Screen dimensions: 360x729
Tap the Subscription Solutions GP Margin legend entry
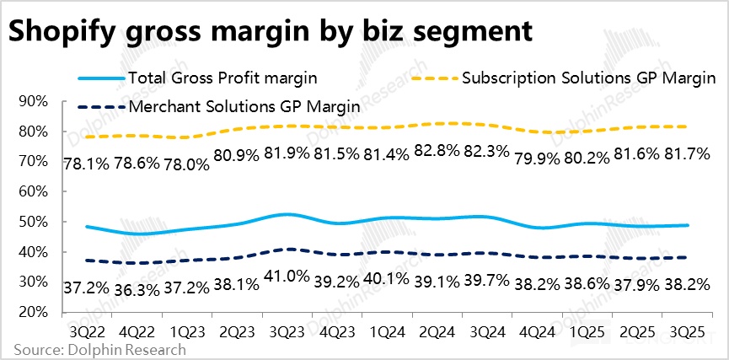pyautogui.click(x=588, y=78)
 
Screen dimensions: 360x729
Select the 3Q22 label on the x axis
pyautogui.click(x=87, y=330)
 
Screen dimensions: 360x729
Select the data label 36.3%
pyautogui.click(x=136, y=287)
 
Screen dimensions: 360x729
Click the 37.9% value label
pyautogui.click(x=635, y=287)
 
